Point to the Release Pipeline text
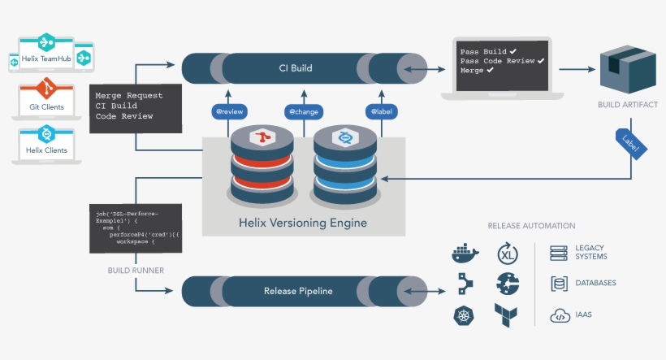[x=298, y=291]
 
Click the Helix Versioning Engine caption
[x=302, y=223]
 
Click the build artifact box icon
[x=627, y=72]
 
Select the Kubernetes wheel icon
[x=465, y=314]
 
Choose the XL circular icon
[x=507, y=254]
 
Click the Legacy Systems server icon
[x=558, y=254]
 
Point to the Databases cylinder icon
[x=558, y=284]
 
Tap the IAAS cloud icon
[x=559, y=315]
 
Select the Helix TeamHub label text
[x=47, y=59]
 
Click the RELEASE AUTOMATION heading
[x=531, y=226]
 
